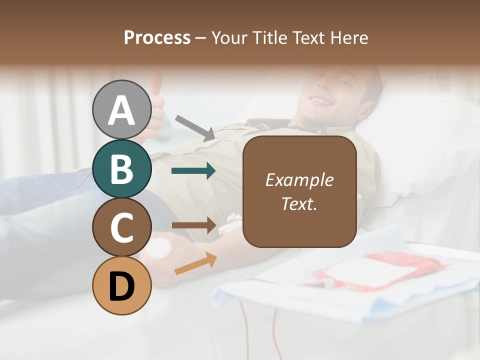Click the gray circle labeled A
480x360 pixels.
(x=121, y=109)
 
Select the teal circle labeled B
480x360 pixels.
(x=121, y=168)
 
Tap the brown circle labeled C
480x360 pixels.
(x=121, y=227)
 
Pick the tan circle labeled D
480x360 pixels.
(x=121, y=286)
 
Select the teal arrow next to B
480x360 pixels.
(x=193, y=171)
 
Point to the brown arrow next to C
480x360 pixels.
(x=194, y=226)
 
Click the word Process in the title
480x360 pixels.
(x=157, y=37)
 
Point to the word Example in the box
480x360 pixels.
(x=299, y=180)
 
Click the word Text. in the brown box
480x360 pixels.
(x=299, y=204)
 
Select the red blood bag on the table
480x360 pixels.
(x=380, y=270)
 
